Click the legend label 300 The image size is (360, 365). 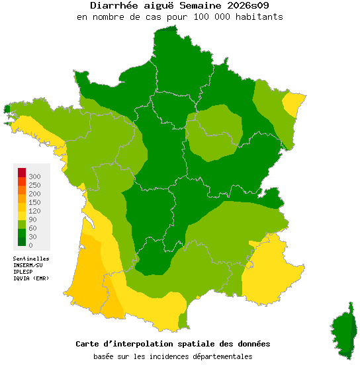coord(34,177)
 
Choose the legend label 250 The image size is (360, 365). coord(34,185)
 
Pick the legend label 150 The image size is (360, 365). coord(34,202)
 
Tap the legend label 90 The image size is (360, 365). coord(32,220)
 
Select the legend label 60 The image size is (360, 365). coord(32,228)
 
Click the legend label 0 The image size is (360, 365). coord(30,245)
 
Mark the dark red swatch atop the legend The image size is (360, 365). coord(21,173)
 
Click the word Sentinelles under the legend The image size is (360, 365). coord(31,259)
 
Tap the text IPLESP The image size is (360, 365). coord(23,272)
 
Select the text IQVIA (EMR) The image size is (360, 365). coord(31,278)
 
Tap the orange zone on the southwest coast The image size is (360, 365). coord(93,274)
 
